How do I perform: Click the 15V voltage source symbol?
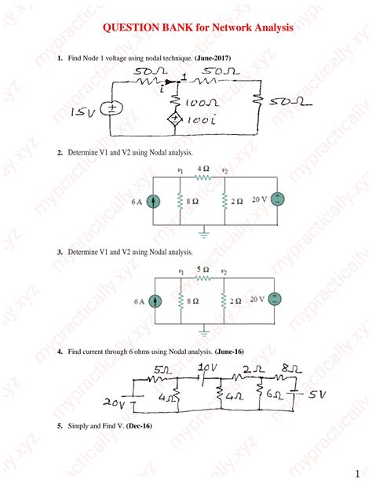coord(111,108)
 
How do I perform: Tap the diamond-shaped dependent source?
coord(175,119)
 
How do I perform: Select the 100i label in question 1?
coord(202,120)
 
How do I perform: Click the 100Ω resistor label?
coord(202,103)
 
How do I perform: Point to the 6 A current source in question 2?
coord(154,201)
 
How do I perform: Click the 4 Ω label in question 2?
coord(203,169)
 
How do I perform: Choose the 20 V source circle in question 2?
coord(278,199)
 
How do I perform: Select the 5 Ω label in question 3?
coord(203,269)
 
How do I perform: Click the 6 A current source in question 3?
coord(155,301)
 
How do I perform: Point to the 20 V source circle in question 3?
coord(275,299)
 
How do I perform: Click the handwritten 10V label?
coord(207,367)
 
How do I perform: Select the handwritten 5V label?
coord(317,394)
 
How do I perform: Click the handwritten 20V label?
coord(114,402)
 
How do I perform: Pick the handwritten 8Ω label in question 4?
coord(292,368)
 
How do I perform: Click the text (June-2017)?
coord(213,57)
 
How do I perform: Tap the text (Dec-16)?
coord(139,426)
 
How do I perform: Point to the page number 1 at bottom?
coord(357,473)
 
